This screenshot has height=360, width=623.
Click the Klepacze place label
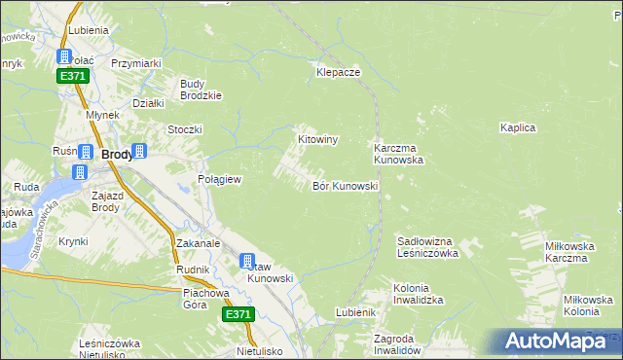pyautogui.click(x=338, y=72)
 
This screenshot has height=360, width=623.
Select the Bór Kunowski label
pyautogui.click(x=345, y=185)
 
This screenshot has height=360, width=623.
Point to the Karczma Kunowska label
pyautogui.click(x=398, y=154)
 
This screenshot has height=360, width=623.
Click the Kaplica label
pyautogui.click(x=518, y=127)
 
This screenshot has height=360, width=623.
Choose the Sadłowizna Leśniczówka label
pyautogui.click(x=427, y=246)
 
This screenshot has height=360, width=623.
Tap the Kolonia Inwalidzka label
pyautogui.click(x=419, y=295)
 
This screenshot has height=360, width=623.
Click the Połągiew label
pyautogui.click(x=219, y=180)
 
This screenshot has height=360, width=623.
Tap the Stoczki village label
pyautogui.click(x=184, y=129)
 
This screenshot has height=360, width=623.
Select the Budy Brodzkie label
pyautogui.click(x=202, y=90)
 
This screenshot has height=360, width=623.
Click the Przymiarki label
pyautogui.click(x=135, y=63)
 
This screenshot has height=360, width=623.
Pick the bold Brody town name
pyautogui.click(x=118, y=154)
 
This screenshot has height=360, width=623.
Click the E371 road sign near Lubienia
pyautogui.click(x=73, y=76)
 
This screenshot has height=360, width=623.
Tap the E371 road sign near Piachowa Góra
pyautogui.click(x=238, y=314)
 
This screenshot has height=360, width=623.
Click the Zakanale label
pyautogui.click(x=199, y=243)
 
